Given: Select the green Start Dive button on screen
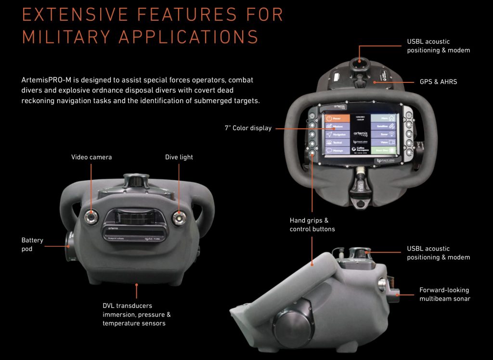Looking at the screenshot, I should coord(386,150).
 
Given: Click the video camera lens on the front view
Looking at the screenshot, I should coord(91,217).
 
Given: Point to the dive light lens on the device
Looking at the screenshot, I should coord(179,217).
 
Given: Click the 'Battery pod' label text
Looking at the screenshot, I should coord(32,244).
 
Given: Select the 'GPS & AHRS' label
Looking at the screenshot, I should coord(438,82).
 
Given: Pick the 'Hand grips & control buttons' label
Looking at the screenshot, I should coord(312,225).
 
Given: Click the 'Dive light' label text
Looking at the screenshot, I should coord(179,157).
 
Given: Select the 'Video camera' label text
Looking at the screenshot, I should coord(91,157).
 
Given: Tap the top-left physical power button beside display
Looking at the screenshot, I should coord(312,116).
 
